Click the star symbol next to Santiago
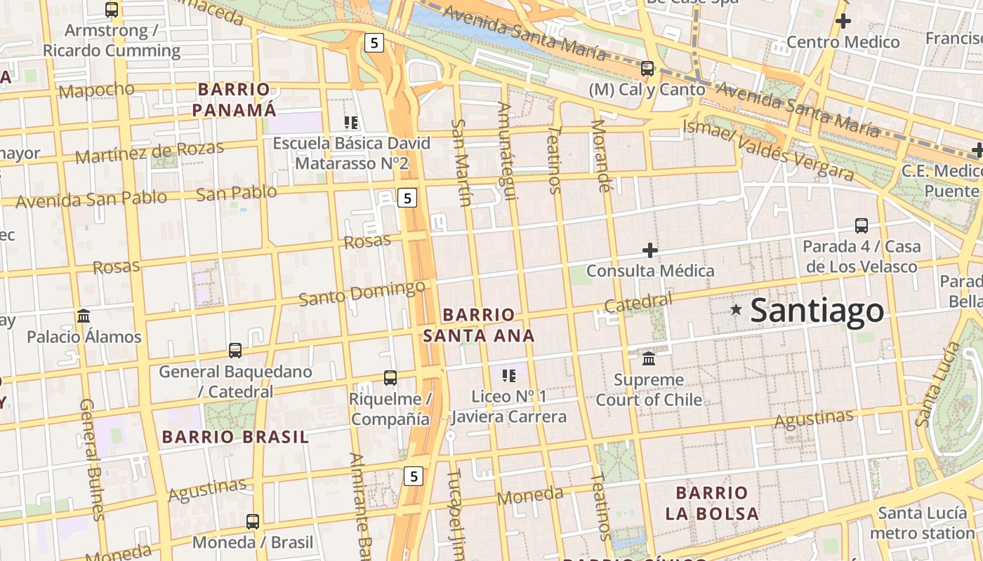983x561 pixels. pyautogui.click(x=736, y=309)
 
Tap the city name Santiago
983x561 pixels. pyautogui.click(x=817, y=311)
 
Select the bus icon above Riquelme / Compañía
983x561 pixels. pyautogui.click(x=390, y=378)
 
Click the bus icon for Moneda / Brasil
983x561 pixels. pyautogui.click(x=253, y=522)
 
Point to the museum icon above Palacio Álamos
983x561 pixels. pyautogui.click(x=84, y=316)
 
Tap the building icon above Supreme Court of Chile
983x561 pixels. pyautogui.click(x=649, y=358)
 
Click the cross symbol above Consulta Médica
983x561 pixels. pyautogui.click(x=650, y=250)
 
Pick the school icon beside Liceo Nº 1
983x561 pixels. pyautogui.click(x=509, y=376)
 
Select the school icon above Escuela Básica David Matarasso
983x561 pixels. pyautogui.click(x=351, y=123)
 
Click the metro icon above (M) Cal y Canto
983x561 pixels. pyautogui.click(x=647, y=69)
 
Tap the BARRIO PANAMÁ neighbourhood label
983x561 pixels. pyautogui.click(x=234, y=100)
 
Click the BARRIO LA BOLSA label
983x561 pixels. pyautogui.click(x=712, y=503)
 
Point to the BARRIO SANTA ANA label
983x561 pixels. pyautogui.click(x=479, y=325)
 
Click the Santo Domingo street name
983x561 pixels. pyautogui.click(x=362, y=292)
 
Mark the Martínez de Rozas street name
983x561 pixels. pyautogui.click(x=150, y=151)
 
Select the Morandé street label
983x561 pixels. pyautogui.click(x=601, y=156)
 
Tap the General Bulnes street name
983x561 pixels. pyautogui.click(x=91, y=459)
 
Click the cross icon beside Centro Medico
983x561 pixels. pyautogui.click(x=843, y=21)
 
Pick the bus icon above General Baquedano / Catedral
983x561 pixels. pyautogui.click(x=235, y=350)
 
